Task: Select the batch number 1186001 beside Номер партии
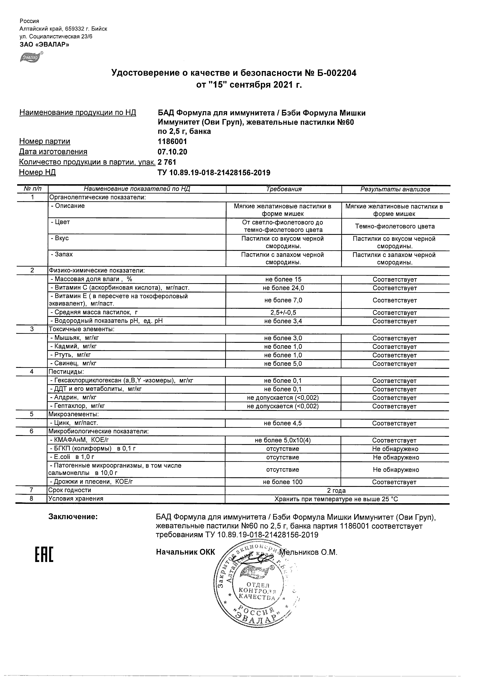[172, 141]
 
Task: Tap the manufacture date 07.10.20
[172, 152]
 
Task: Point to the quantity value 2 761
[167, 162]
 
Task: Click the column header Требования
[284, 189]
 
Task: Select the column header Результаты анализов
[395, 189]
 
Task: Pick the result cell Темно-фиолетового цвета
[395, 226]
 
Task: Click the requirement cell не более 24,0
[283, 288]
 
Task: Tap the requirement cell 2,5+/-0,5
[283, 312]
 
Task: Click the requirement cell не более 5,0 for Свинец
[283, 363]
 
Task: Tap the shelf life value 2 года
[336, 491]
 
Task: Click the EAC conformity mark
[44, 554]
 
